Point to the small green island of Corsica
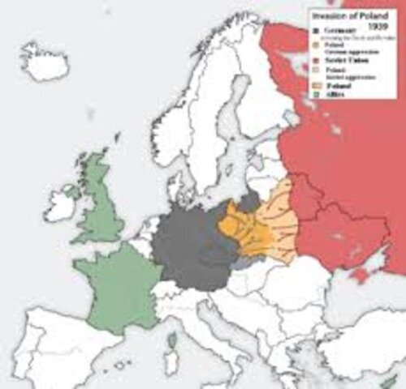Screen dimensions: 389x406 [171, 340]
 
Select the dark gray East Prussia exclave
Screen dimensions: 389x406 [250, 199]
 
